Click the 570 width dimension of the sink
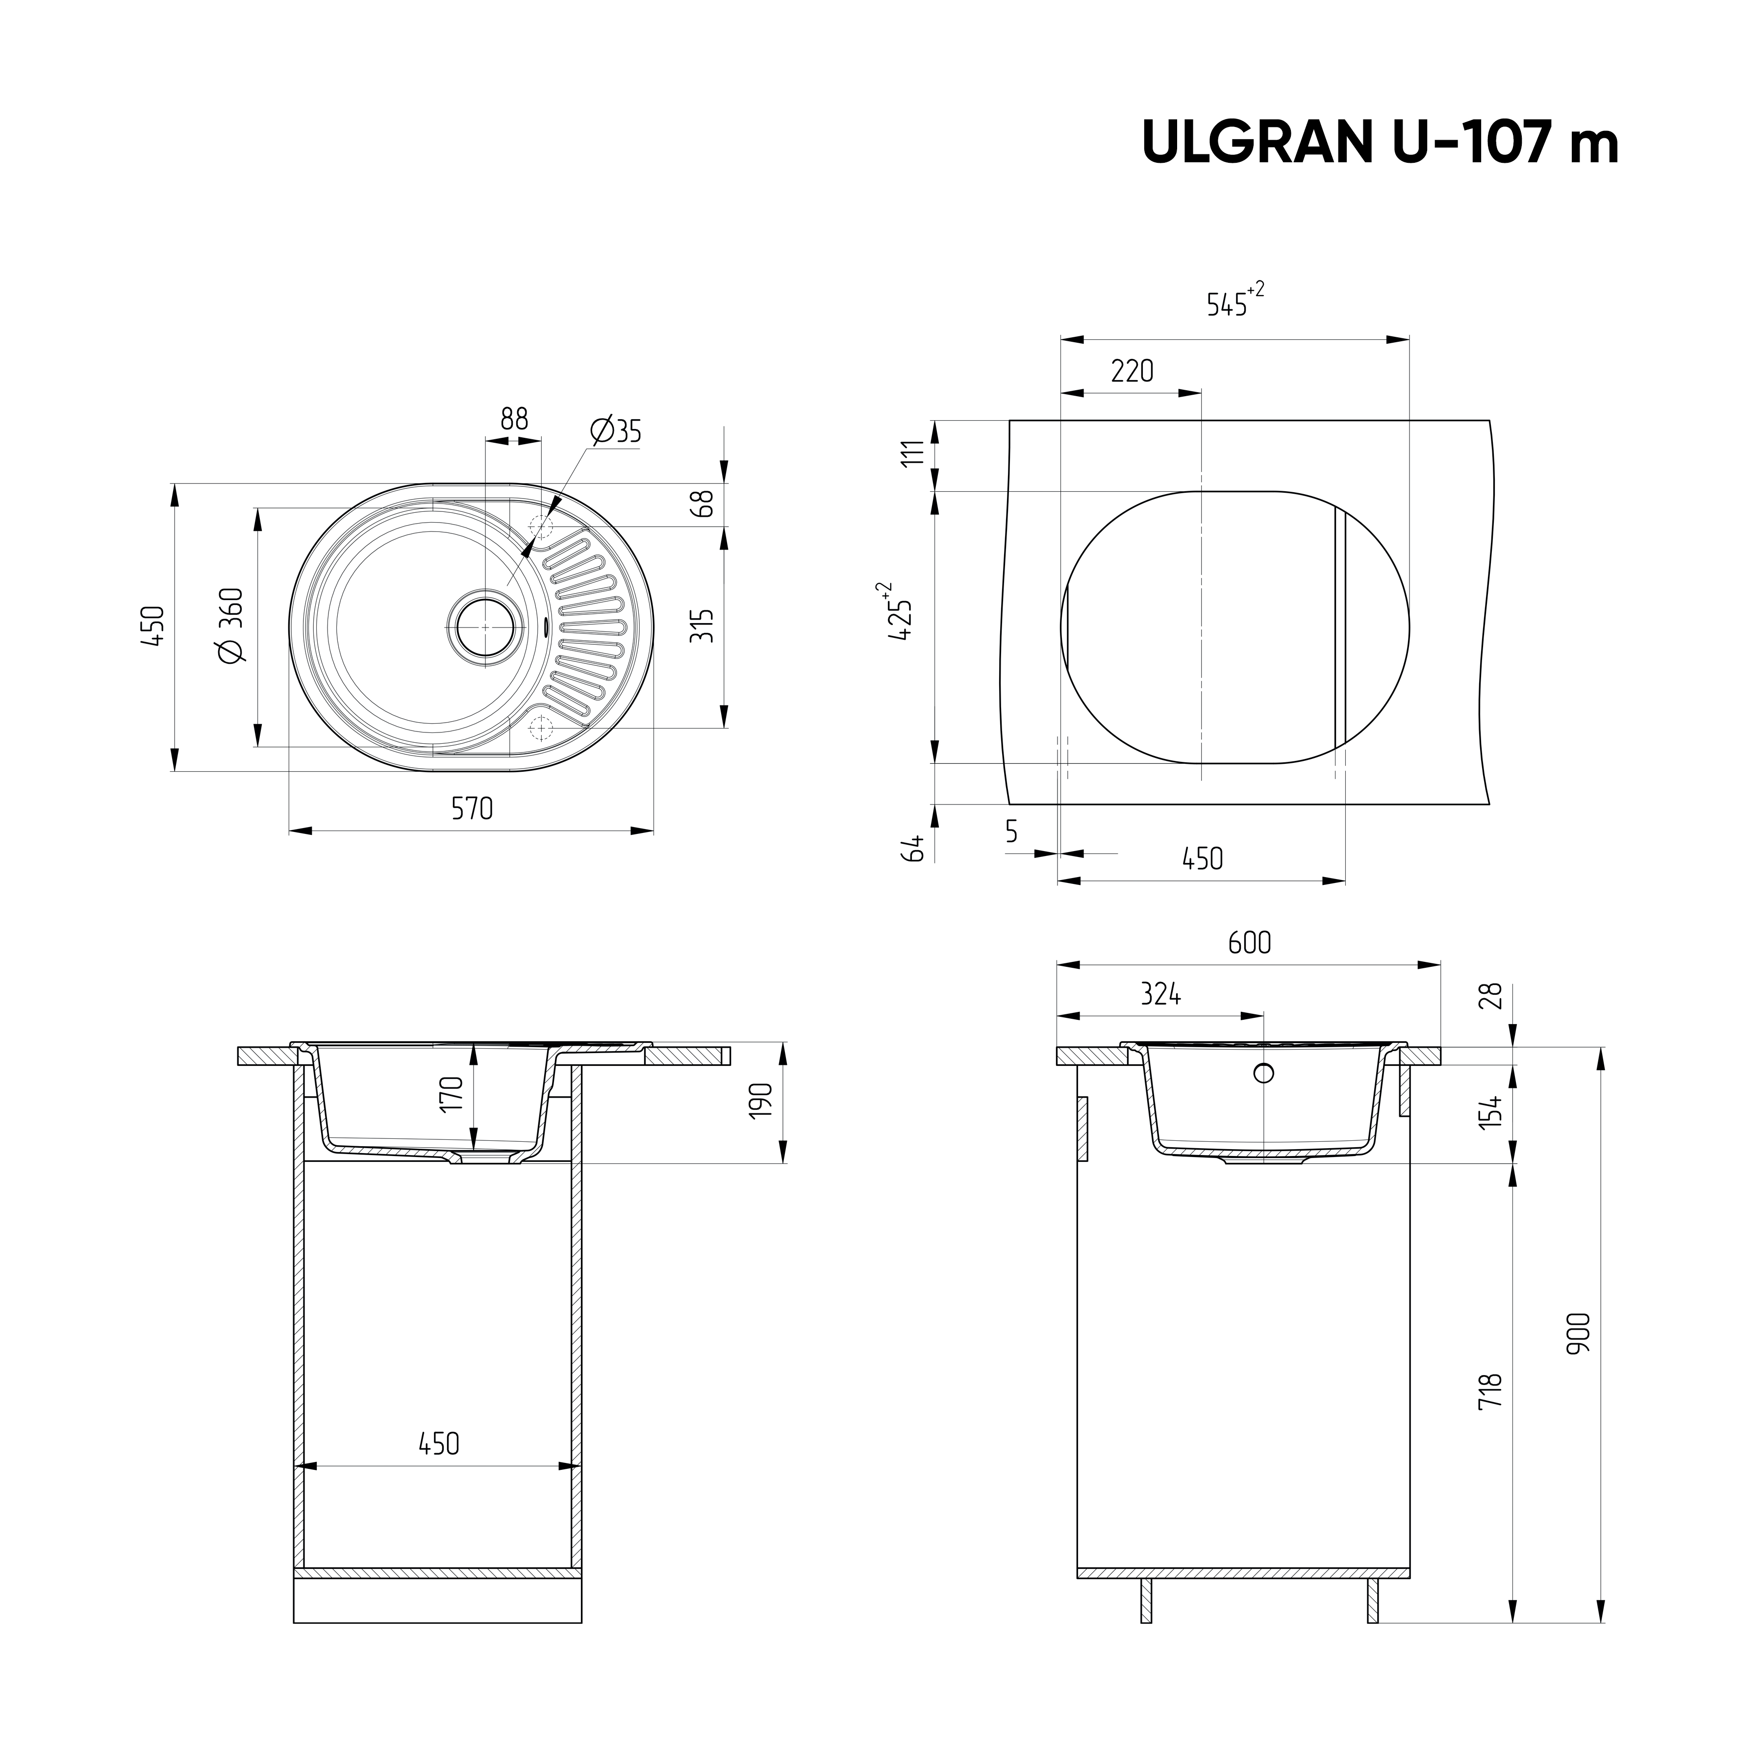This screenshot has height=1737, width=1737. [472, 809]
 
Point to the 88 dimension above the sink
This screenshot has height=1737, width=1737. [514, 420]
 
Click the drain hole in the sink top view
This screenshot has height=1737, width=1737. [485, 627]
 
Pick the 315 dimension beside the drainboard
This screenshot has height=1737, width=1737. [702, 626]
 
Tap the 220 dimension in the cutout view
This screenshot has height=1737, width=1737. [1132, 371]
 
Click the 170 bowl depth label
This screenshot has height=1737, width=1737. [452, 1094]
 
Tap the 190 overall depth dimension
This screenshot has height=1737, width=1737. [760, 1101]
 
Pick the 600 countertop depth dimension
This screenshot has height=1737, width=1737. [1250, 943]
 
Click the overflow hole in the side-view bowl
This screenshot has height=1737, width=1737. [1263, 1073]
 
